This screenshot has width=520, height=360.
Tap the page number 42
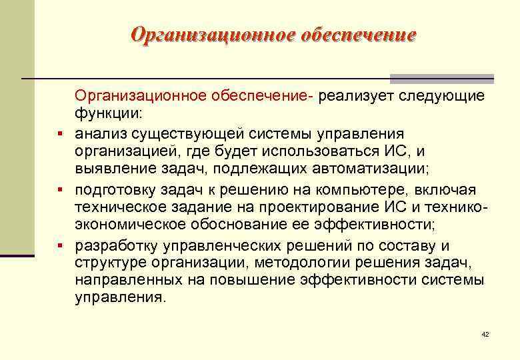click(485, 333)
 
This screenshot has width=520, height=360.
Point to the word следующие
click(441, 97)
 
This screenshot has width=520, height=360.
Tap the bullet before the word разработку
click(60, 246)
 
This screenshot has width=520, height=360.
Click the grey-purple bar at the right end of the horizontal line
click(441, 78)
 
